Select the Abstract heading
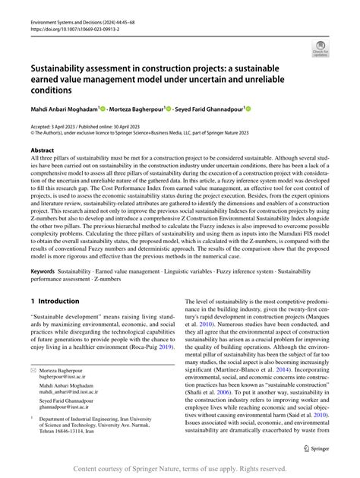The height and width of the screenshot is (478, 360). [43, 150]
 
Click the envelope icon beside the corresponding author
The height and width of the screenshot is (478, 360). [34, 366]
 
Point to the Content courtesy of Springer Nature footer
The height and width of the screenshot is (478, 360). [180, 468]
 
